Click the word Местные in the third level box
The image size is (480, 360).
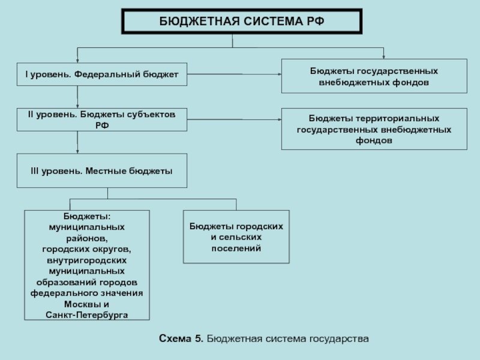point(106,171)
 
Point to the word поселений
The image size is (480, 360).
point(236,248)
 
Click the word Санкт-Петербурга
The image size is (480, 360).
point(87,315)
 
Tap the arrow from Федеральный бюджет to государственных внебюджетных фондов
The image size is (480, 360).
point(234,74)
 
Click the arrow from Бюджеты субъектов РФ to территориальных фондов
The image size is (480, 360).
point(234,119)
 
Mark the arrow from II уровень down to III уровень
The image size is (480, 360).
point(77,142)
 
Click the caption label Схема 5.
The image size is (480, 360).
point(181,338)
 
